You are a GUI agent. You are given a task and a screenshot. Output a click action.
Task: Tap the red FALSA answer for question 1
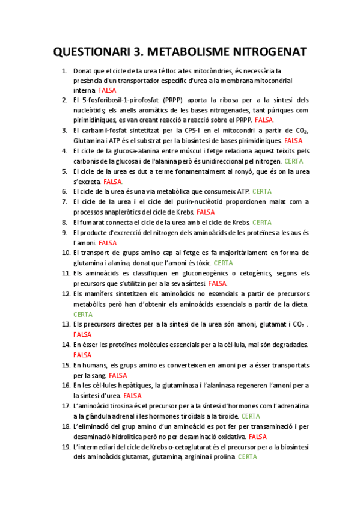(x=107, y=90)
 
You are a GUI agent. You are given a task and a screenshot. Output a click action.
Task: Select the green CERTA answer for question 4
(x=293, y=161)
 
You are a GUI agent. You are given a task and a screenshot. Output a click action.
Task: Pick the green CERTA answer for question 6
(x=262, y=192)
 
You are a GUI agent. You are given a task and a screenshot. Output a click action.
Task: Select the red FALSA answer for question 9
(x=108, y=242)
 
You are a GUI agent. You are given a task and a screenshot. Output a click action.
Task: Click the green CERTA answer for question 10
(x=223, y=263)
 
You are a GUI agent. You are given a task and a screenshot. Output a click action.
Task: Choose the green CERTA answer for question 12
(x=82, y=314)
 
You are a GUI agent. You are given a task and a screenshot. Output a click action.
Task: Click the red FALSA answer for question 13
(x=82, y=334)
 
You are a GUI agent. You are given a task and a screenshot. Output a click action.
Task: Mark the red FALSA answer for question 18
(x=257, y=437)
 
